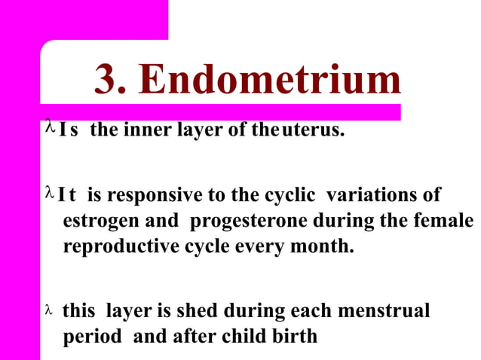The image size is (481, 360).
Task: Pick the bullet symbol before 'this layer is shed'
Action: tap(51, 310)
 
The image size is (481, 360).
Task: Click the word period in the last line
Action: tap(91, 336)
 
